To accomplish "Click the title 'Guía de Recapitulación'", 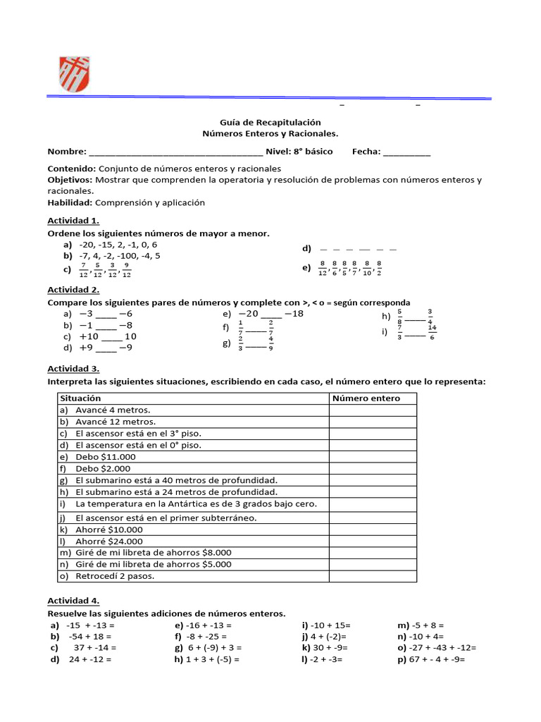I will (270, 122).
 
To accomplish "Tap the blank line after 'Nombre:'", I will (175, 152).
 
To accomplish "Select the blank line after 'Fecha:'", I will (406, 152).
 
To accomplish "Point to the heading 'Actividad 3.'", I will (73, 369).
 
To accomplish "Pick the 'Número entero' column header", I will (366, 398).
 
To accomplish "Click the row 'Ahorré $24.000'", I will (108, 541).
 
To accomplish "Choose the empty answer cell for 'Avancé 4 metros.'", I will (372, 410).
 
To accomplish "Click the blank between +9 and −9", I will (106, 348).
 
